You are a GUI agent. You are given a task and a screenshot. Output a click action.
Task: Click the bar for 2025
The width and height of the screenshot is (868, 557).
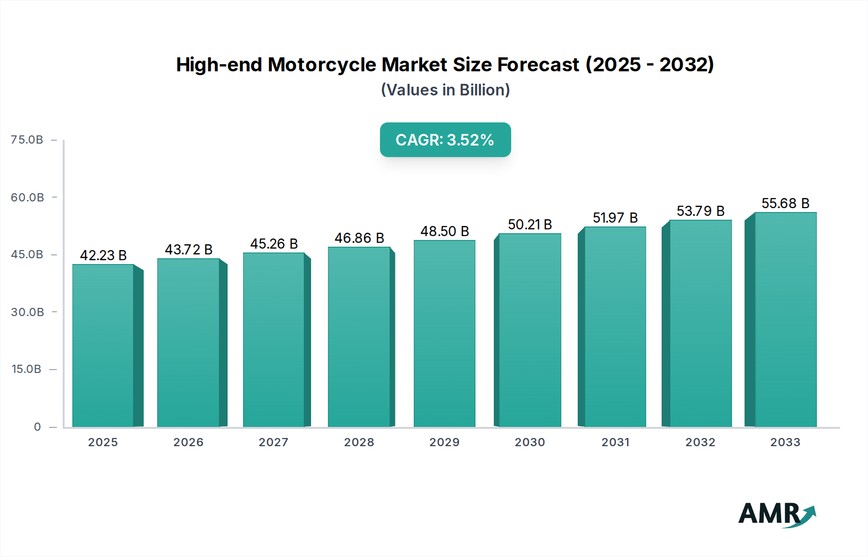(103, 345)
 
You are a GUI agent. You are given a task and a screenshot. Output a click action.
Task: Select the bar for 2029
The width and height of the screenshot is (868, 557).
(444, 333)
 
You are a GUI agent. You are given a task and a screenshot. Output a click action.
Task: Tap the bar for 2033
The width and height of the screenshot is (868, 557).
(786, 319)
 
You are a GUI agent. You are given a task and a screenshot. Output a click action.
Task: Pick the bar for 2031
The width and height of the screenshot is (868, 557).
(615, 327)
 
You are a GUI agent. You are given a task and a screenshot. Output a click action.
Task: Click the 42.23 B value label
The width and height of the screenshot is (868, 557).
(103, 255)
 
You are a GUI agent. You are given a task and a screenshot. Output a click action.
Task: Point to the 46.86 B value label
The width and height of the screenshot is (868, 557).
(359, 238)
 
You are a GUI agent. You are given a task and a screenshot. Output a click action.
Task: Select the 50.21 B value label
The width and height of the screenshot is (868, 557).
(529, 225)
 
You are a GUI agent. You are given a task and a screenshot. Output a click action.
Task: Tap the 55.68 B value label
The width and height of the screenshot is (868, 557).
(785, 203)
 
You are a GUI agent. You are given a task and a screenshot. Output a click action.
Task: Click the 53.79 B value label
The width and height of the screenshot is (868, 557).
(700, 211)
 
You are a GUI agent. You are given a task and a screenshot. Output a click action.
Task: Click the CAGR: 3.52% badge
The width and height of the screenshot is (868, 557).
(445, 140)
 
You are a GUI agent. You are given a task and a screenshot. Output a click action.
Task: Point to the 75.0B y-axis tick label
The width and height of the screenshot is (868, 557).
(27, 140)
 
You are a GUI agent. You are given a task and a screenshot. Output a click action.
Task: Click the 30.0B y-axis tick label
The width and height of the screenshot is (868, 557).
(27, 312)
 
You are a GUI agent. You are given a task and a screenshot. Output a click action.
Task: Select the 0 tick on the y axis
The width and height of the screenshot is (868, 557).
(37, 427)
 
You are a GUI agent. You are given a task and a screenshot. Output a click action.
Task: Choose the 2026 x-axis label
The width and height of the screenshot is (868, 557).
(188, 442)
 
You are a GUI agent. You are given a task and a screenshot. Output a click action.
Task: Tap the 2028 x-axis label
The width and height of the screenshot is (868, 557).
(359, 442)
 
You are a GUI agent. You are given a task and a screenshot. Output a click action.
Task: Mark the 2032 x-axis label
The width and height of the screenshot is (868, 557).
(700, 442)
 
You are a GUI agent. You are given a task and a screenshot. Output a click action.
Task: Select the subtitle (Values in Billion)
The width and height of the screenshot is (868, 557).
(445, 90)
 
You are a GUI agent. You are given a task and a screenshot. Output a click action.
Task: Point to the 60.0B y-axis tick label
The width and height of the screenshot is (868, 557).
(27, 198)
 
